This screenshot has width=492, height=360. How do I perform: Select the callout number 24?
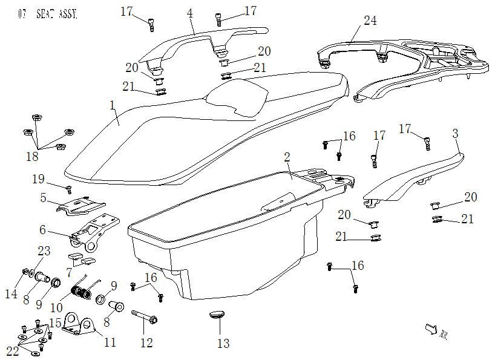(x=370, y=21)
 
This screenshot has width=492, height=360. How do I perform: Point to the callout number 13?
(x=223, y=344)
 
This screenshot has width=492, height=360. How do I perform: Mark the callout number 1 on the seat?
(x=113, y=105)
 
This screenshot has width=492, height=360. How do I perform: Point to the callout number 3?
(x=456, y=134)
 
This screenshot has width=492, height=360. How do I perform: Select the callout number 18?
(x=31, y=157)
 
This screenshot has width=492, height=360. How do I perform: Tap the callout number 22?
(x=13, y=352)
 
